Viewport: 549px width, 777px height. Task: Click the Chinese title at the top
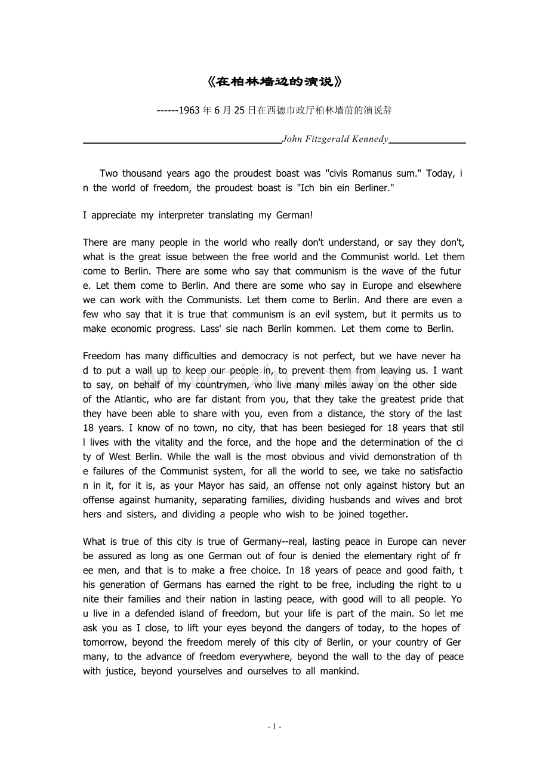[274, 81]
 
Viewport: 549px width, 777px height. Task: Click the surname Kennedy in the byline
[369, 139]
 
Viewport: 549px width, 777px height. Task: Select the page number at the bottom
[274, 727]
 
